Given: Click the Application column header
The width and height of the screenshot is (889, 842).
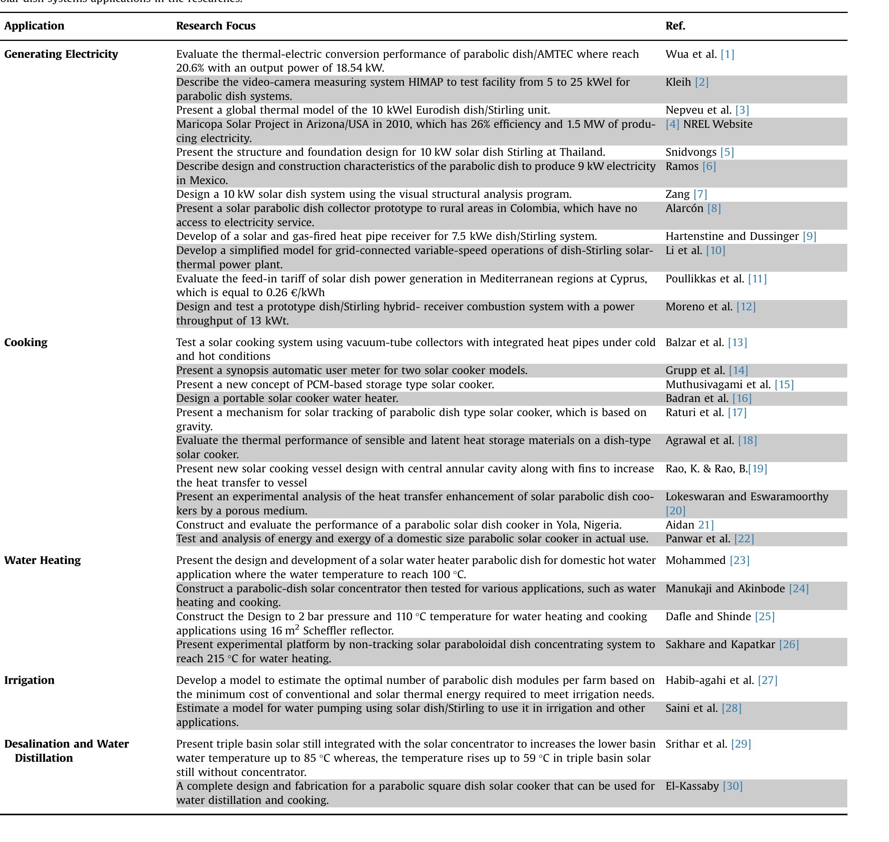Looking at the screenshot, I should pyautogui.click(x=34, y=26).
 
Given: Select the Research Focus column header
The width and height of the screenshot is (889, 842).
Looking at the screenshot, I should pyautogui.click(x=216, y=26).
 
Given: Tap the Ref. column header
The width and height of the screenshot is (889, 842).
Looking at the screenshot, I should pyautogui.click(x=675, y=26).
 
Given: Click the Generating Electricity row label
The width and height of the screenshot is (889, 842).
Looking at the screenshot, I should pyautogui.click(x=61, y=54).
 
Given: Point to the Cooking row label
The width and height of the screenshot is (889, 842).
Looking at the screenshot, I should pyautogui.click(x=26, y=343).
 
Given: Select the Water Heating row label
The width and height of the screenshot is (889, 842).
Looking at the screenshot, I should pyautogui.click(x=43, y=560).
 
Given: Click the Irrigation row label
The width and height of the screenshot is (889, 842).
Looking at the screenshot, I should pyautogui.click(x=29, y=680).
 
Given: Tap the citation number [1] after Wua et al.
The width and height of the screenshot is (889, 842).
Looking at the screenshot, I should pyautogui.click(x=727, y=54).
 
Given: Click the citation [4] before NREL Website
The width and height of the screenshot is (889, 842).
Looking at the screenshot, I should pyautogui.click(x=672, y=124).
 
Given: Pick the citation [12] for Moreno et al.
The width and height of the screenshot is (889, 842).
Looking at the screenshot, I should pyautogui.click(x=746, y=307).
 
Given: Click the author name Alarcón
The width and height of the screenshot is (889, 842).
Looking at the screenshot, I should pyautogui.click(x=684, y=209).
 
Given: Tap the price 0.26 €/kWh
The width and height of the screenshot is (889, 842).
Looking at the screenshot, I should pyautogui.click(x=295, y=293).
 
